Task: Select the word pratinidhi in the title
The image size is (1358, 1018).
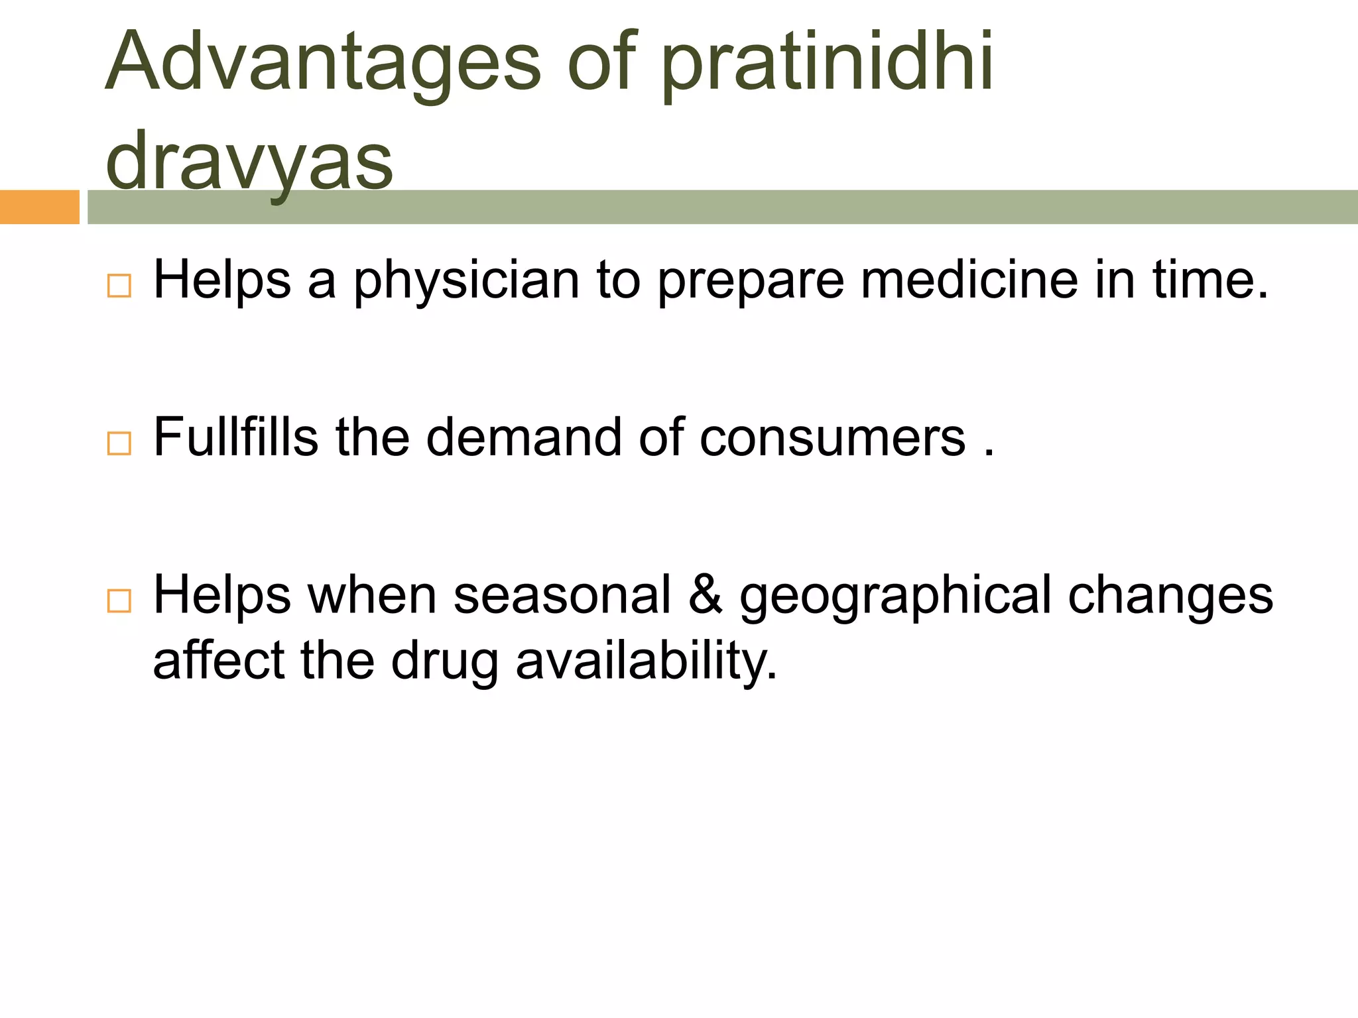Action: (x=827, y=63)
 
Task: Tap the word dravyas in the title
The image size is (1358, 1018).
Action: (x=249, y=161)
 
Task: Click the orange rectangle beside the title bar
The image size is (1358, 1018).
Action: (x=39, y=207)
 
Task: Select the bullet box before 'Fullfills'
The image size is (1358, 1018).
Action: (x=119, y=443)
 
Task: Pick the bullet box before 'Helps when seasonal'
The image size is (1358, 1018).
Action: (x=119, y=600)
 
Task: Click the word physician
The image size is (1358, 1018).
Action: (x=467, y=281)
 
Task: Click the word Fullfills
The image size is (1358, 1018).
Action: (x=235, y=437)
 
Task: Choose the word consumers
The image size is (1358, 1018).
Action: (x=832, y=438)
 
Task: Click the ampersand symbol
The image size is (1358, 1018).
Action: (x=705, y=594)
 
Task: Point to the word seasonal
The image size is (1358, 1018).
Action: (x=562, y=594)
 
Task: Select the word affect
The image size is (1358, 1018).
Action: (x=219, y=660)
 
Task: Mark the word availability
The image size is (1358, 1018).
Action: (x=646, y=661)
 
